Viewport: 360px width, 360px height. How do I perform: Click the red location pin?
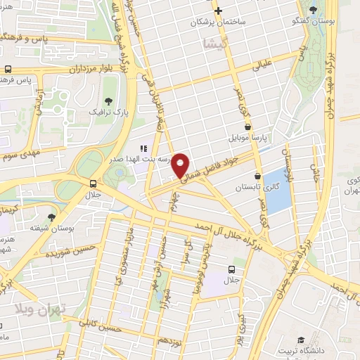[x=181, y=165]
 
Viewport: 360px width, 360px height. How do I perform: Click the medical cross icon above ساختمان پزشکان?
[x=219, y=11]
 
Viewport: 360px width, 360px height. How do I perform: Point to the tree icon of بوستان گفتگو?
[x=313, y=10]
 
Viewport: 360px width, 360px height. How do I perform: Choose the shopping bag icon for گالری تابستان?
[x=257, y=176]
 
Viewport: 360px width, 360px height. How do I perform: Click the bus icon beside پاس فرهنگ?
[x=7, y=70]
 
